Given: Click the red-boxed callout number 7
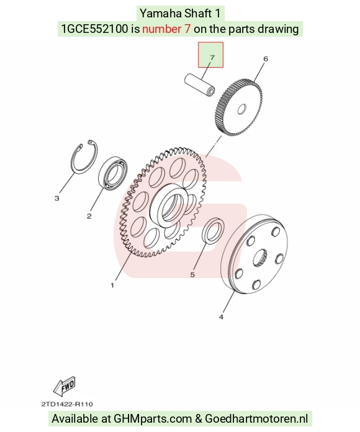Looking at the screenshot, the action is (212, 58).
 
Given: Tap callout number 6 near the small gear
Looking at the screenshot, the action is (266, 59).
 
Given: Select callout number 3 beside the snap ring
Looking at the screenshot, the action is (56, 199).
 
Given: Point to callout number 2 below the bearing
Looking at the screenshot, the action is (89, 216).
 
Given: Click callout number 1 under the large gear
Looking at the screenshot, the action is (112, 285).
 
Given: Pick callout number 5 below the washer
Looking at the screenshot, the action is (192, 275).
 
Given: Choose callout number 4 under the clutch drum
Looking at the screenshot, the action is (221, 317).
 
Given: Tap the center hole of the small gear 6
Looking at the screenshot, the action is (242, 109).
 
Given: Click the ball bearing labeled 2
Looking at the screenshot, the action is (113, 173).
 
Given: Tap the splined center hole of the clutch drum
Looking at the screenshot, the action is (260, 258).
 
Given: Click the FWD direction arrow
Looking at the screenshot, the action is (65, 385).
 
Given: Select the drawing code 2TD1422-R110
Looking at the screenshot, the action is (67, 404).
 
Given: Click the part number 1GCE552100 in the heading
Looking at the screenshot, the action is (94, 29).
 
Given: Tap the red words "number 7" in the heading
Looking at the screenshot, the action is (166, 29).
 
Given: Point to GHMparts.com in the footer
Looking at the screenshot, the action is (153, 418).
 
